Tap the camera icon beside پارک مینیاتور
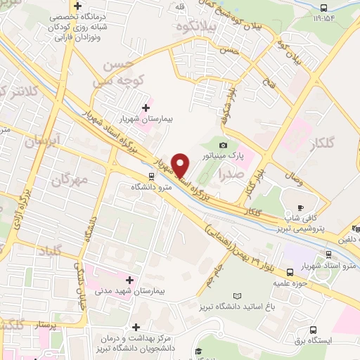[x=223, y=145]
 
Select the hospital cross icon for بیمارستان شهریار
[x=146, y=108]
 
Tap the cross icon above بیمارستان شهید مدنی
[x=129, y=280]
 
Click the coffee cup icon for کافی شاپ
[x=301, y=207]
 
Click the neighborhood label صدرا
[x=231, y=172]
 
